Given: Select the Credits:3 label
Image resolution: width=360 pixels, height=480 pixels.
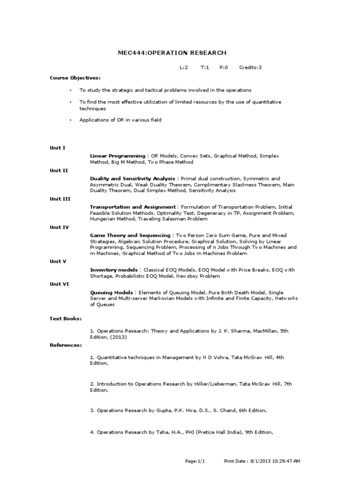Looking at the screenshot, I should [x=250, y=67].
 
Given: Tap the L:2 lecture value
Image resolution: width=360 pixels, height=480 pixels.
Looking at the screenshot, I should [x=184, y=67].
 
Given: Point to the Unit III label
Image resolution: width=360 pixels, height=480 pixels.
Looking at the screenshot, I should [x=60, y=199].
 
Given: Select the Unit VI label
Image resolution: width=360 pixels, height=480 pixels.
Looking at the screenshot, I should [x=60, y=284].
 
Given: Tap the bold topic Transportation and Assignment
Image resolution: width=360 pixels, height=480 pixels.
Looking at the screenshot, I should [x=133, y=207].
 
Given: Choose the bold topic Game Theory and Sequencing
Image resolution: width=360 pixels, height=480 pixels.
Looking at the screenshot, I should [x=130, y=235].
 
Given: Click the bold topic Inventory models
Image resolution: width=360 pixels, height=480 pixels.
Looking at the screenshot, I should [x=114, y=270].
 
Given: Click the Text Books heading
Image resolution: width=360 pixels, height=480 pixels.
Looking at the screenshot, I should [x=66, y=319].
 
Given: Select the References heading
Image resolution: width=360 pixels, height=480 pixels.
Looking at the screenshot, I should [x=66, y=345].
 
